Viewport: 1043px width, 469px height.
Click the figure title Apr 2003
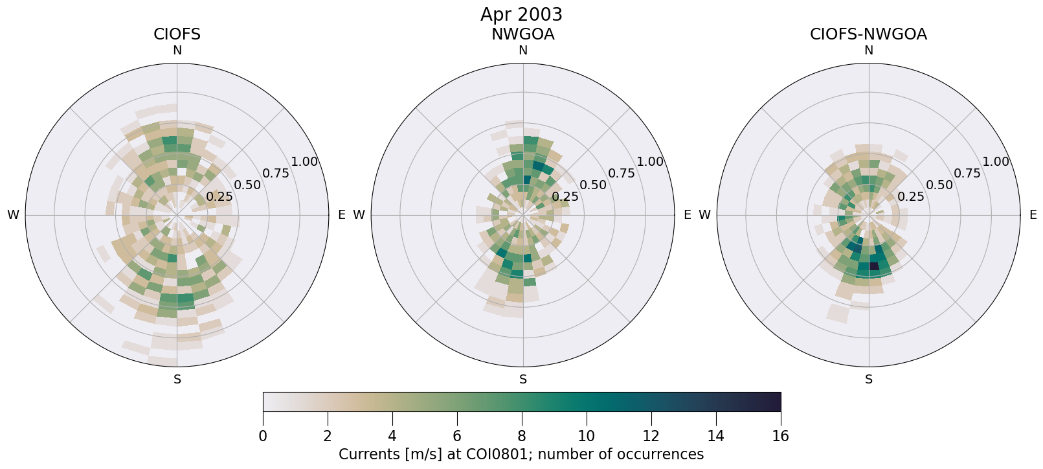click(x=521, y=14)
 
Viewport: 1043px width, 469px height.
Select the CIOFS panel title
click(x=177, y=34)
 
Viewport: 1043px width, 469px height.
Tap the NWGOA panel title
click(x=522, y=34)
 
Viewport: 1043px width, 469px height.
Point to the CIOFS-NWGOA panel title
click(x=868, y=34)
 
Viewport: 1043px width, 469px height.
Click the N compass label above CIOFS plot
click(x=177, y=51)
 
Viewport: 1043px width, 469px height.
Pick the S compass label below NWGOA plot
click(x=523, y=380)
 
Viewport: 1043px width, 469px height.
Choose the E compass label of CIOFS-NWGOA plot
click(x=1033, y=215)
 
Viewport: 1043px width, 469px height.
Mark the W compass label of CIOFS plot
click(x=13, y=215)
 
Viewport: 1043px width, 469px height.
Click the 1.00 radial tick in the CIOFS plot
click(x=304, y=162)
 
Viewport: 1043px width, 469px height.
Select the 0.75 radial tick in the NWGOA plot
click(x=622, y=173)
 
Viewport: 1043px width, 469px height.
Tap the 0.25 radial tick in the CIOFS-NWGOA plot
click(x=911, y=196)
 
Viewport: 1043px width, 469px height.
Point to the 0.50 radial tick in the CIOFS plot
click(x=247, y=185)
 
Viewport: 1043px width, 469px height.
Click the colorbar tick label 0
click(x=263, y=436)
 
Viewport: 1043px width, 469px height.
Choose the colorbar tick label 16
click(x=780, y=436)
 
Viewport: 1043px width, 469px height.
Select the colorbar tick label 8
click(x=522, y=436)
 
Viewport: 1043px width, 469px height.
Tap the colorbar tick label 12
click(x=651, y=436)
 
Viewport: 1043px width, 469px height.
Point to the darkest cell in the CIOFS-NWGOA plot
click(x=874, y=266)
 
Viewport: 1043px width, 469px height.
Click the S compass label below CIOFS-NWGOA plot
click(x=869, y=380)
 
